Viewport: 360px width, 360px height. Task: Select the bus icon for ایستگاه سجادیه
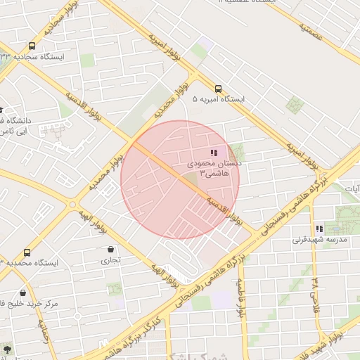pos(32,46)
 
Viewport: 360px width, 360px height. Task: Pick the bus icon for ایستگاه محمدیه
pos(27,252)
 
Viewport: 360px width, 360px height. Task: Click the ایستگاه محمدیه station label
pos(30,263)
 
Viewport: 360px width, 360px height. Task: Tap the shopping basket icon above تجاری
pos(111,250)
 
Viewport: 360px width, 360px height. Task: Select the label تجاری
pos(111,260)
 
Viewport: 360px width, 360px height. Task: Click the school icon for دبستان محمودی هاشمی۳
pos(214,153)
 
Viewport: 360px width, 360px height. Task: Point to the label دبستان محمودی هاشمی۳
pos(214,167)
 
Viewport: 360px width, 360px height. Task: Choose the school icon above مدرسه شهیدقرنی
pos(320,229)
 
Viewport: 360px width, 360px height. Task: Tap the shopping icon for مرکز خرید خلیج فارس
pos(23,292)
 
